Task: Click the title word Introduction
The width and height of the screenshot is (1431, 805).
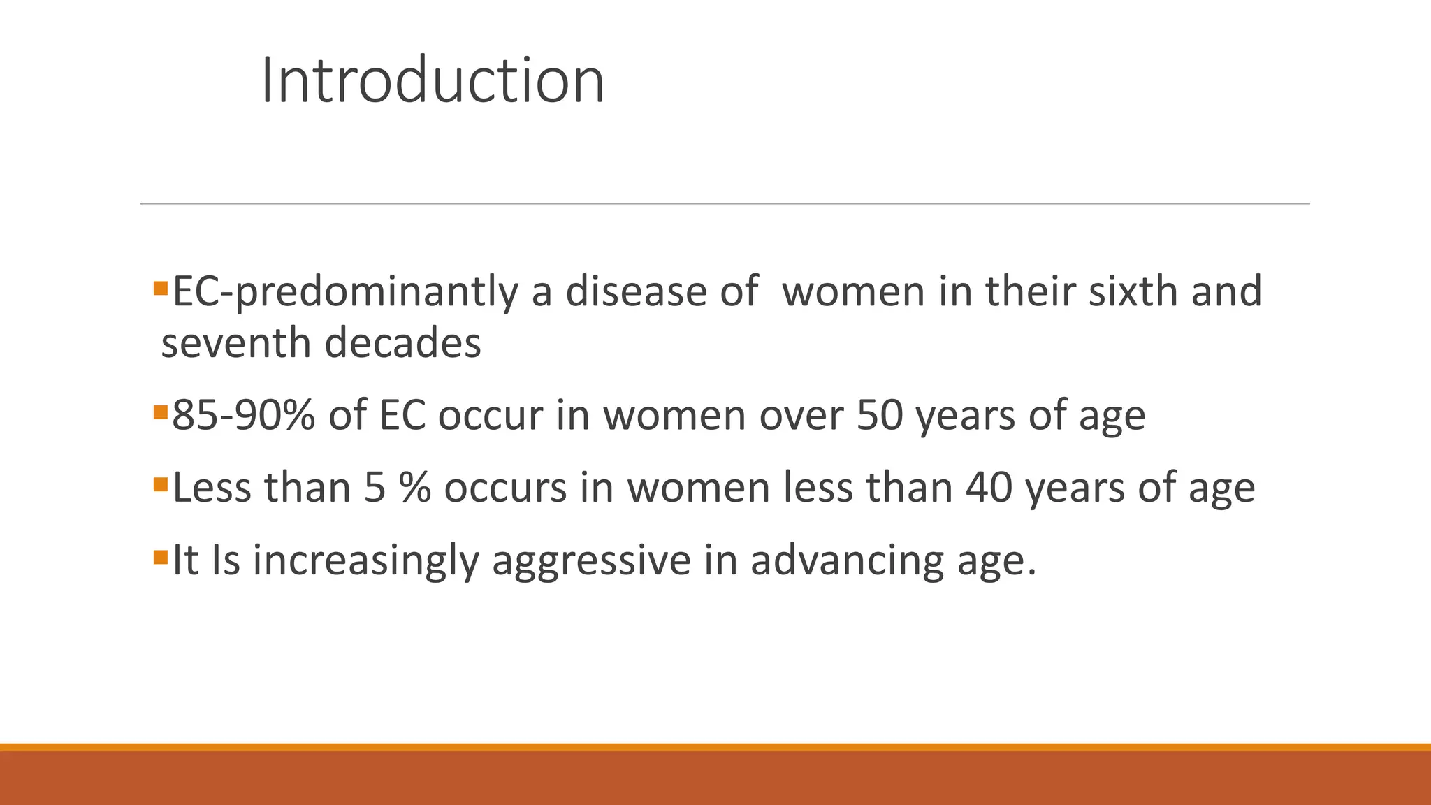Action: [x=433, y=81]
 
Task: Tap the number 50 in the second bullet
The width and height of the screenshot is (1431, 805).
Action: [x=880, y=415]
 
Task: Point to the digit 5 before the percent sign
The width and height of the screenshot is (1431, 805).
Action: [x=375, y=487]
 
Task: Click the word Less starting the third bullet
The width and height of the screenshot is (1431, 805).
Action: [x=212, y=487]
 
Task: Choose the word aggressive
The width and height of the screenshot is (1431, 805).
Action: [x=591, y=560]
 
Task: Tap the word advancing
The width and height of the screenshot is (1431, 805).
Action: [x=848, y=560]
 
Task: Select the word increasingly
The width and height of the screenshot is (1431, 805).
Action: [x=365, y=560]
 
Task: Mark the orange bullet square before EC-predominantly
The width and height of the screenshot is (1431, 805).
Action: [x=160, y=288]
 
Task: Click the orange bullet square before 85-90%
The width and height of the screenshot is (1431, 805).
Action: [x=160, y=412]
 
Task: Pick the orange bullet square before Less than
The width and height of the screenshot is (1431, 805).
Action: [x=160, y=484]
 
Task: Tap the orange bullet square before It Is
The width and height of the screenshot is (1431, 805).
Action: [x=160, y=557]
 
